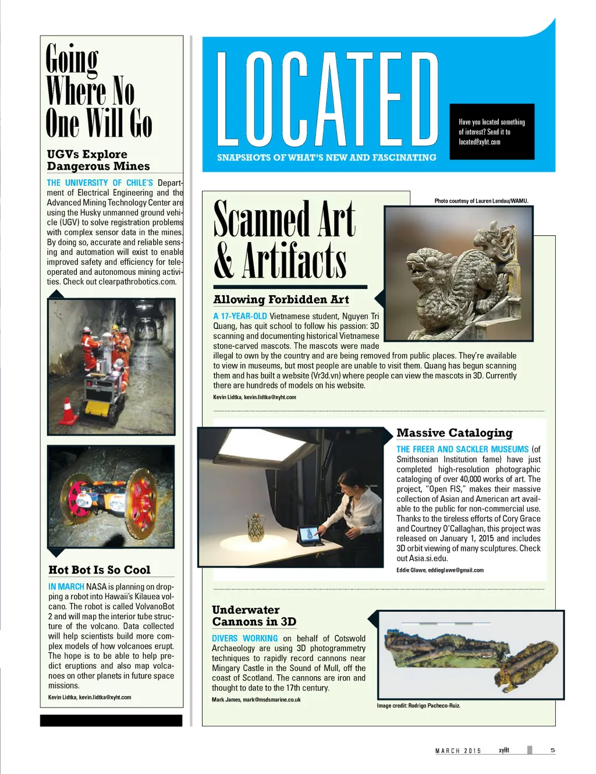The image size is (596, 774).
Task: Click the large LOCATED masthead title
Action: pyautogui.click(x=327, y=99)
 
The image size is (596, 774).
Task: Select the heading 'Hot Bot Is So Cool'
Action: pyautogui.click(x=100, y=570)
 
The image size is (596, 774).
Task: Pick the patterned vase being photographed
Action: pyautogui.click(x=254, y=528)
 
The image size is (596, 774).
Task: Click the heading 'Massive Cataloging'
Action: pyautogui.click(x=454, y=433)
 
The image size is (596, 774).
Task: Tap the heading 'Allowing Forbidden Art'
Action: pyautogui.click(x=281, y=300)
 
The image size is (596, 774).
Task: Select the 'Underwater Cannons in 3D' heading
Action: pyautogui.click(x=254, y=616)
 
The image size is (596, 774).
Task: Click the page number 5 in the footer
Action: pyautogui.click(x=552, y=750)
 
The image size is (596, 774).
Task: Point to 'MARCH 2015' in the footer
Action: pyautogui.click(x=458, y=751)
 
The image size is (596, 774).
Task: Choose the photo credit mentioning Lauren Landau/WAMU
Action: pyautogui.click(x=481, y=201)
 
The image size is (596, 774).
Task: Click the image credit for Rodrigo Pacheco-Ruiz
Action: pyautogui.click(x=418, y=706)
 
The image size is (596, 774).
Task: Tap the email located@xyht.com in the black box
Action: pyautogui.click(x=479, y=142)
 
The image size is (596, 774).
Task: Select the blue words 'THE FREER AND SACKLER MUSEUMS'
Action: pyautogui.click(x=462, y=449)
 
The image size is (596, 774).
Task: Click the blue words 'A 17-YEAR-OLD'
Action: pyautogui.click(x=240, y=316)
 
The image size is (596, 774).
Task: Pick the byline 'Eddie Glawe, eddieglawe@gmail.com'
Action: pyautogui.click(x=440, y=570)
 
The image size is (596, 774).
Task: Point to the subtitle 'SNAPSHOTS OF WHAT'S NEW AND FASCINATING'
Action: pyautogui.click(x=327, y=157)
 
